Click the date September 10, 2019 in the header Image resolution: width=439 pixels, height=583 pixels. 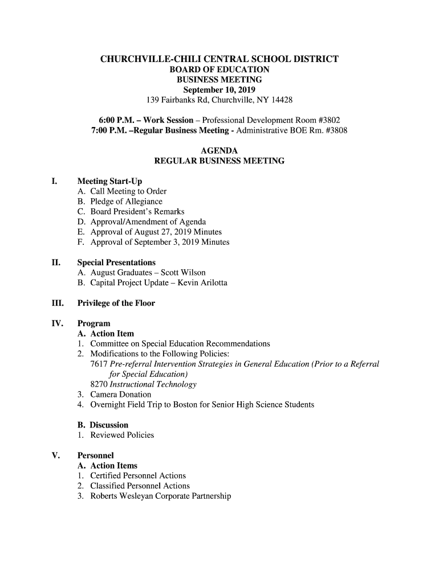pos(219,90)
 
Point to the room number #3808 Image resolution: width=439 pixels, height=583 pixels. pos(334,131)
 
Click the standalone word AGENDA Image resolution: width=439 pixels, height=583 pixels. pos(219,151)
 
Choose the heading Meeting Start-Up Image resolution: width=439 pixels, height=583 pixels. pos(110,181)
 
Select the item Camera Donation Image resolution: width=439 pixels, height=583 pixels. pos(121,395)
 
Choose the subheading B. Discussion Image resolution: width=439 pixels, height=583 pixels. pos(103,425)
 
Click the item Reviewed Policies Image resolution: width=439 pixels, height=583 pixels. pos(122,435)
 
